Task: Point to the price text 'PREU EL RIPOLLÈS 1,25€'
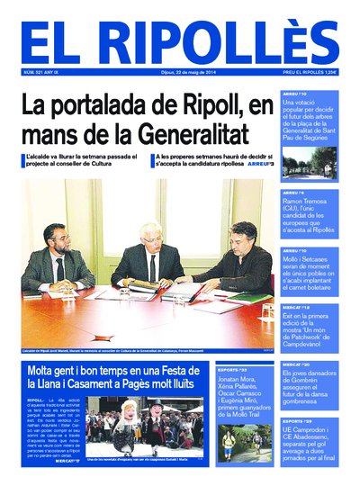click(310, 72)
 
